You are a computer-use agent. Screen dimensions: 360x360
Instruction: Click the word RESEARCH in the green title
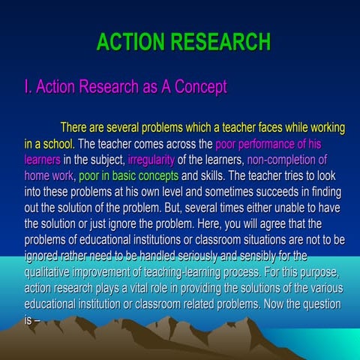pyautogui.click(x=222, y=41)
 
